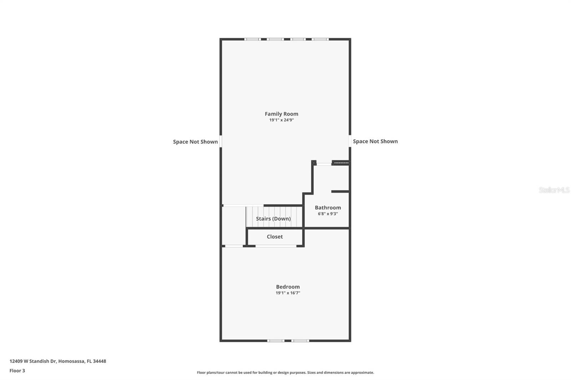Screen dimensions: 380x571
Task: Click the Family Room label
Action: coord(281,114)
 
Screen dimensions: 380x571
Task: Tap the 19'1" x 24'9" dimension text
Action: coord(281,120)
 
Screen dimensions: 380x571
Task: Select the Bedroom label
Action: coord(288,287)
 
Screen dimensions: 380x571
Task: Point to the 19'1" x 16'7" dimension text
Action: coord(288,293)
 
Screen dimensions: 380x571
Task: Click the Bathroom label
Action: coord(328,207)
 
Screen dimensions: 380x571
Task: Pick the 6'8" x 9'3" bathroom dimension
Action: coord(328,214)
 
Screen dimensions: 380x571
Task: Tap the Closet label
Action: coord(274,237)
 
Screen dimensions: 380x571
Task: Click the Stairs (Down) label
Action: coord(273,219)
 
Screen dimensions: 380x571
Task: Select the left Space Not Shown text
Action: coord(195,142)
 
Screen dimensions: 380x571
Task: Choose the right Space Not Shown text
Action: coord(375,142)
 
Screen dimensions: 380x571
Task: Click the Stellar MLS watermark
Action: coord(554,190)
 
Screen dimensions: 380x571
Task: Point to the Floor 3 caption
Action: coord(17,371)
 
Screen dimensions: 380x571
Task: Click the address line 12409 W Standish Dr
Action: coord(57,361)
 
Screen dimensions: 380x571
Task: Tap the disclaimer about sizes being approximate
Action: coord(285,373)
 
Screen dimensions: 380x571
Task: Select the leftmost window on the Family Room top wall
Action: coord(252,39)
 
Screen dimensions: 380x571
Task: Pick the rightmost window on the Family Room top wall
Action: coord(320,39)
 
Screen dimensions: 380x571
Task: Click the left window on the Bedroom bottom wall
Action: coord(276,341)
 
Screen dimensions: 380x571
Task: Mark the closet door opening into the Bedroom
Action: coord(276,246)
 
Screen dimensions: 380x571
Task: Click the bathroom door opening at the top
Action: coord(324,164)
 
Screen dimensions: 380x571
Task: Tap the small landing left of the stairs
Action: coord(234,226)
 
